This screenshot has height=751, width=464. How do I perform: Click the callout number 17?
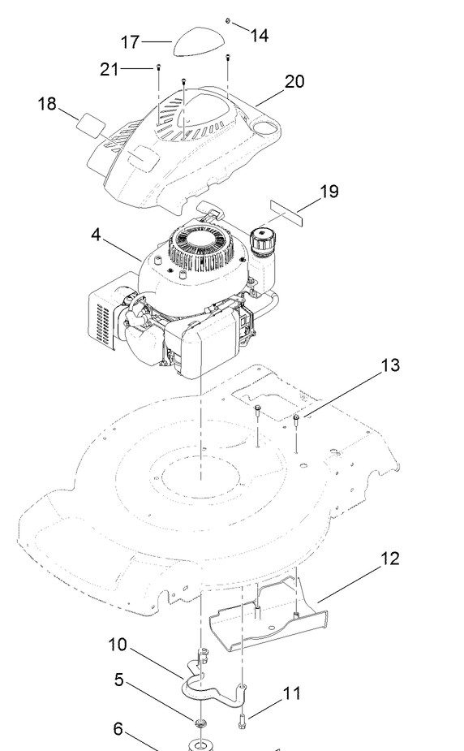tap(129, 42)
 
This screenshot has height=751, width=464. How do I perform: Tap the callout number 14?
tap(260, 36)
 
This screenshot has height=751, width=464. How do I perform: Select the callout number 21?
tap(109, 70)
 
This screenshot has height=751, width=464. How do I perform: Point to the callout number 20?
tap(294, 81)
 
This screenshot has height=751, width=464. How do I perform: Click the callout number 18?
tap(47, 103)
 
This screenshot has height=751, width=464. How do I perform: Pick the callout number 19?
tap(329, 191)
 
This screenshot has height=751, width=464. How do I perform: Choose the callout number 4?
tap(97, 235)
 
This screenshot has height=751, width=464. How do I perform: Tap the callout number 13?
tap(390, 365)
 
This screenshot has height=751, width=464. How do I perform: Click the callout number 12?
tap(390, 559)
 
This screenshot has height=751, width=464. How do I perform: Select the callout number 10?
tap(118, 645)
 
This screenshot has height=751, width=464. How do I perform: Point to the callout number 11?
tap(292, 693)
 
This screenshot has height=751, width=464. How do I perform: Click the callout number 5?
tap(119, 680)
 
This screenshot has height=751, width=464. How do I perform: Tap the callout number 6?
tap(118, 729)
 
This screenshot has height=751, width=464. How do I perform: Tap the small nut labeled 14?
tap(228, 21)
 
